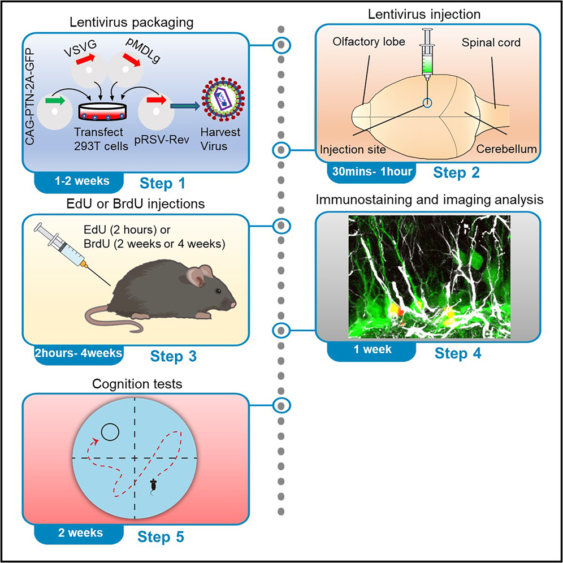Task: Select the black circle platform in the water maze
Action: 109,434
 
